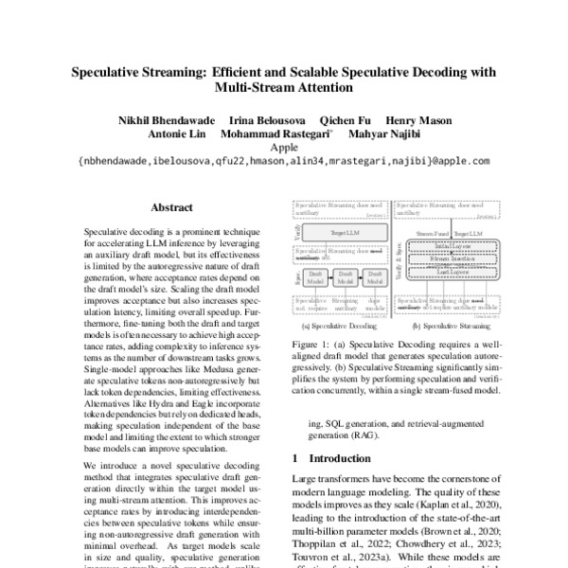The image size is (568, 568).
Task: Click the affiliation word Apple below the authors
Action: point(284,147)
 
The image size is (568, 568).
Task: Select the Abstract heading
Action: point(172,206)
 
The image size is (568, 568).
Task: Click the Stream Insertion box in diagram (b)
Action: point(452,256)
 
